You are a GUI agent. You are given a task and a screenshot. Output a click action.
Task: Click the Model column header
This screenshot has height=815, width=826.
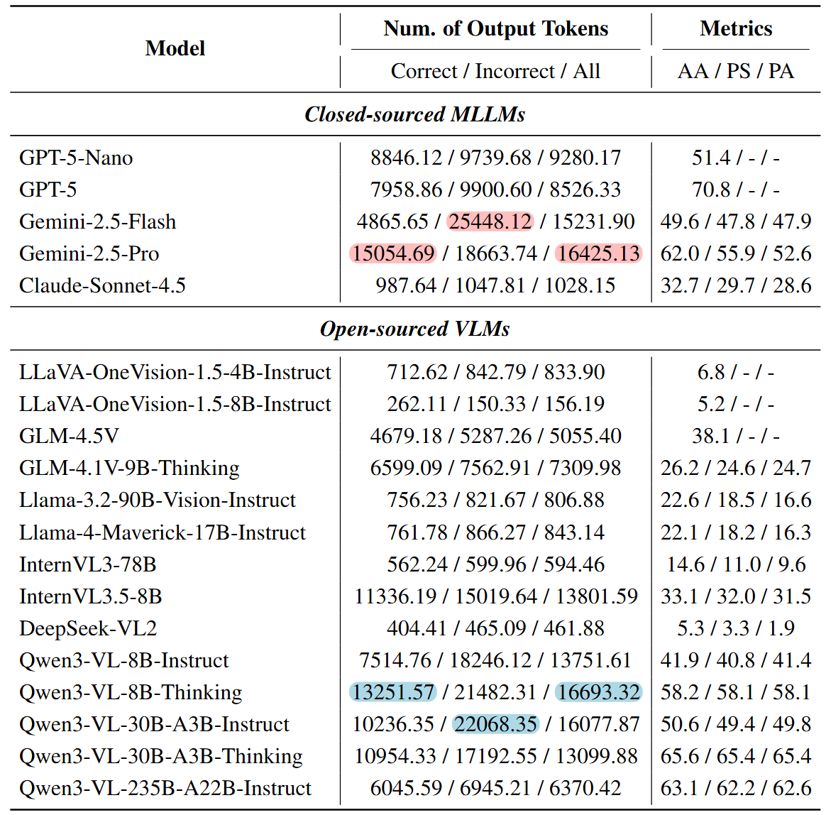[x=175, y=48]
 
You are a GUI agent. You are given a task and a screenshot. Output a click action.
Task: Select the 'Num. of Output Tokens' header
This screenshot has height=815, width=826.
[x=495, y=28]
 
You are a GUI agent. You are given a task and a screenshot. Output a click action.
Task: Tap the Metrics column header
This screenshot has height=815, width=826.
[x=736, y=28]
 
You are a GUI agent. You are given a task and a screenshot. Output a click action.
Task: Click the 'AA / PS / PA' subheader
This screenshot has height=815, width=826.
[x=736, y=71]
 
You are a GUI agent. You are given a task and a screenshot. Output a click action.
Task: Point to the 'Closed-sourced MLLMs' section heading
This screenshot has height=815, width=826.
[x=414, y=114]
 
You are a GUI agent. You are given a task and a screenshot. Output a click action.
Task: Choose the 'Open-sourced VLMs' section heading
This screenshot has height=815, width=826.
[x=414, y=329]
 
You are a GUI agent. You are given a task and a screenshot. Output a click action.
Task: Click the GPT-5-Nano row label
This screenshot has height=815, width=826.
[x=76, y=158]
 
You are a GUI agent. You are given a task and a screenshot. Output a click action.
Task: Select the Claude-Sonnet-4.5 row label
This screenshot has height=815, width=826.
[x=102, y=285]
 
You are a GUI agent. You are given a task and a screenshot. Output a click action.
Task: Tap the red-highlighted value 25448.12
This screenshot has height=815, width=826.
[x=490, y=221]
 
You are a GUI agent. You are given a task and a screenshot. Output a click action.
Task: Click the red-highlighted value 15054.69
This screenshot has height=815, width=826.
[x=393, y=253]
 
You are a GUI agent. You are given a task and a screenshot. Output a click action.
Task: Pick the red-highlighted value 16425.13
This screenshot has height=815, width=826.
[x=598, y=253]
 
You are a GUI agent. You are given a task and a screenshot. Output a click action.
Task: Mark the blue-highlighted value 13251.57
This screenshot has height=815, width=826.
[x=393, y=692]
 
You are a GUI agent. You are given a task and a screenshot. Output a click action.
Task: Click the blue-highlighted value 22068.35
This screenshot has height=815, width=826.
[x=495, y=724]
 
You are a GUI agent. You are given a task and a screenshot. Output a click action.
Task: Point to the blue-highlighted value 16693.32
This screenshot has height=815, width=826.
[x=598, y=692]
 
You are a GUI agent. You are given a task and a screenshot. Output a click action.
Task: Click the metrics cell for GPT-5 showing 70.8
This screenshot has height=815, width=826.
[x=736, y=190]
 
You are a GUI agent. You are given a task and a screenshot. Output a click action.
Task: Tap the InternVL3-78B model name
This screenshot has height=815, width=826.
[x=87, y=564]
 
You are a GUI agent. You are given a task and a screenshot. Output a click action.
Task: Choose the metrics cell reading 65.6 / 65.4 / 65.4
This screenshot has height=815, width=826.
[x=736, y=756]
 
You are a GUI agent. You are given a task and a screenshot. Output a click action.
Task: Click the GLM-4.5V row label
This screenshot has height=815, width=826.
[x=69, y=436]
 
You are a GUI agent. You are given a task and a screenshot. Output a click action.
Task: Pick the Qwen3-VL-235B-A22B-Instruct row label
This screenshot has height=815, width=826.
[x=165, y=788]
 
